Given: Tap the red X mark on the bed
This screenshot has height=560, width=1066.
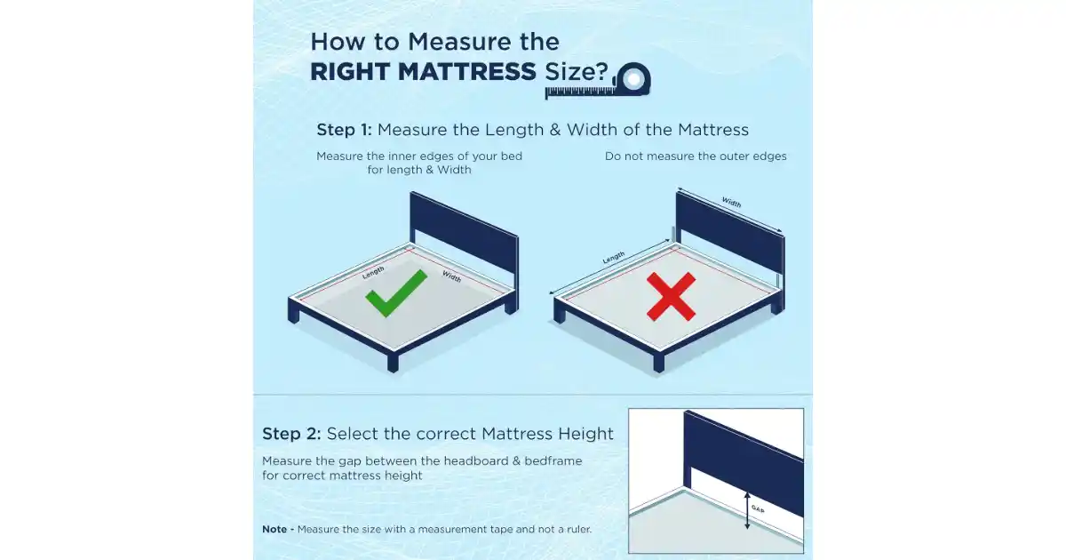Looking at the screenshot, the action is [671, 296].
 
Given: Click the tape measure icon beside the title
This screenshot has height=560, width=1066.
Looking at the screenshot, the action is [598, 82].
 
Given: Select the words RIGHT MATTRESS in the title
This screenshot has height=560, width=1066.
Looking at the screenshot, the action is [423, 72].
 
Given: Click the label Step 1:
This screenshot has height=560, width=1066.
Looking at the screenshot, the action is [344, 130].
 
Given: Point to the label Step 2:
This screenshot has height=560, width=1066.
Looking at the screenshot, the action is [291, 434].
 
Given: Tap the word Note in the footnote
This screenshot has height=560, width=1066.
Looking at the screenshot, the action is [274, 529].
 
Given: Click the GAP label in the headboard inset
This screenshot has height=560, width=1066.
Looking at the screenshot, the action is [758, 509].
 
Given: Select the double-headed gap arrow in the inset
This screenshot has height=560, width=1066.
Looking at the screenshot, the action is [747, 510].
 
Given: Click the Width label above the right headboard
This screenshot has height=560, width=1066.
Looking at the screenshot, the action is [731, 203].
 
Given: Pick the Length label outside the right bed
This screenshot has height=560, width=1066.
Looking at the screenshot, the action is [614, 257].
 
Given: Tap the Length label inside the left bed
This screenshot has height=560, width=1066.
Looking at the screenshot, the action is [373, 272].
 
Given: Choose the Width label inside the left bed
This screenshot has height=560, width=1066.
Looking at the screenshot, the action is [451, 276].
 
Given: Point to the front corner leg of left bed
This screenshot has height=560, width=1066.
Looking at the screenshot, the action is [393, 361].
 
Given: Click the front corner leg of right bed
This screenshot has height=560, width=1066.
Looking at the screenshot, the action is [658, 361].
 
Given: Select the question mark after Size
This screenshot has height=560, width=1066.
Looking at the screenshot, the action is [603, 72].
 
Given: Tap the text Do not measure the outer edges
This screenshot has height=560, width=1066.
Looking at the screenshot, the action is [696, 156].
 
